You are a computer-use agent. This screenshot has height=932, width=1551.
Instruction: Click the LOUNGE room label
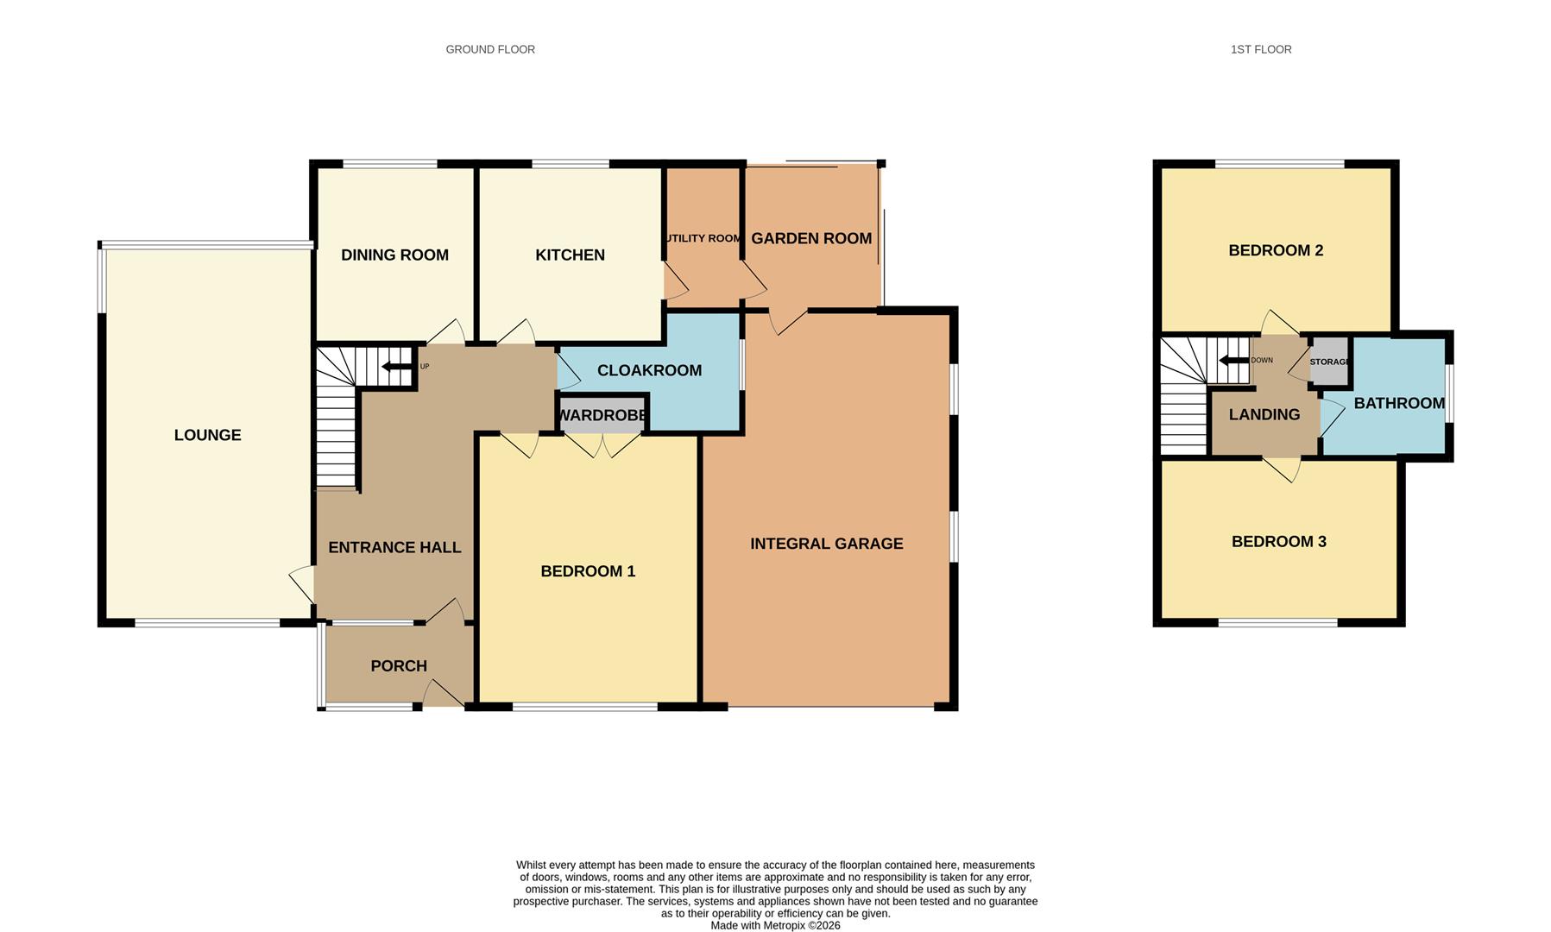(207, 435)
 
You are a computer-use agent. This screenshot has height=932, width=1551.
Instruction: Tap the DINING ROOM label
(394, 255)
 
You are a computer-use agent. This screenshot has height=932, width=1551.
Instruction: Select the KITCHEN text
(570, 255)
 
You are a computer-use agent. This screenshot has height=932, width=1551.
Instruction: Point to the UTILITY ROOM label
(703, 238)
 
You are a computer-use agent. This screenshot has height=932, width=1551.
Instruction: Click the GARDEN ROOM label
(811, 238)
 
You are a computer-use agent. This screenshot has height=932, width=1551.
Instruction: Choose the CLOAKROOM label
(649, 370)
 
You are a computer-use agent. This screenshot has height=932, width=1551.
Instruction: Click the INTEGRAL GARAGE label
(826, 544)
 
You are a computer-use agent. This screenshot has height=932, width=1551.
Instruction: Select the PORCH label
(399, 666)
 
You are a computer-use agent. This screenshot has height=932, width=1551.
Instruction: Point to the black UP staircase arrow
(397, 367)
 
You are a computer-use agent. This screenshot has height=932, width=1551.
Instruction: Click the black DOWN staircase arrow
(1233, 360)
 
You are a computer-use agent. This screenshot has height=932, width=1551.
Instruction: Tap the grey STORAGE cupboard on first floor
(1329, 361)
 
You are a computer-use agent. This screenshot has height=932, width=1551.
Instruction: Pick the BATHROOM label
(1398, 403)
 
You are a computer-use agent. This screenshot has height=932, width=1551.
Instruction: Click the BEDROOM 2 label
(1276, 250)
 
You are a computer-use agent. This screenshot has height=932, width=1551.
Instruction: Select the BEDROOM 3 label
(1278, 542)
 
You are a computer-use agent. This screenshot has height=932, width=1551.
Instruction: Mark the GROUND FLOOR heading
(490, 49)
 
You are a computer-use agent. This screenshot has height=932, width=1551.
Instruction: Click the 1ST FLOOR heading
(1261, 49)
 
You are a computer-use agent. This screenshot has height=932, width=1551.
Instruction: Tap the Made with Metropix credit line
(775, 925)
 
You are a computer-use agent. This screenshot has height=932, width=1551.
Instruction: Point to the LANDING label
(1264, 415)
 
